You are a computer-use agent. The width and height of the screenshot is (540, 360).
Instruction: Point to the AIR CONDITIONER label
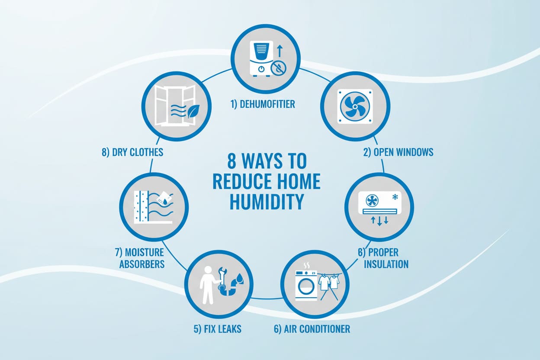tap(312, 329)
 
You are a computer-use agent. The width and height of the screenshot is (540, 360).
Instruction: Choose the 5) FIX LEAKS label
tap(216, 329)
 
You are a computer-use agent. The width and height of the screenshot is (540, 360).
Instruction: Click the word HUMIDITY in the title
tap(266, 201)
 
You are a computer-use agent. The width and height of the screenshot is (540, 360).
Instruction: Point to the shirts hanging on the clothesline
tap(329, 283)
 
